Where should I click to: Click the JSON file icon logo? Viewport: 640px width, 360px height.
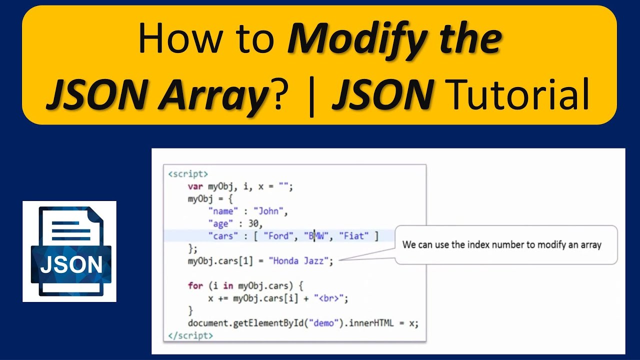tap(69, 251)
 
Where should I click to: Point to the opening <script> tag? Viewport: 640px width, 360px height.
tap(188, 174)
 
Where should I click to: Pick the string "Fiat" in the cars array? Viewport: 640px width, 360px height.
tap(353, 236)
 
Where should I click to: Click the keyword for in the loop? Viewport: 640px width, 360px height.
tap(195, 286)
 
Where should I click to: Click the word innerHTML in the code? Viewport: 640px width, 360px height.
tap(368, 323)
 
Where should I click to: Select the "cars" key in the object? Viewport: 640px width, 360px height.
tap(223, 236)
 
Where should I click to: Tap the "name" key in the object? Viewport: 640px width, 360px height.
tap(223, 211)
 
